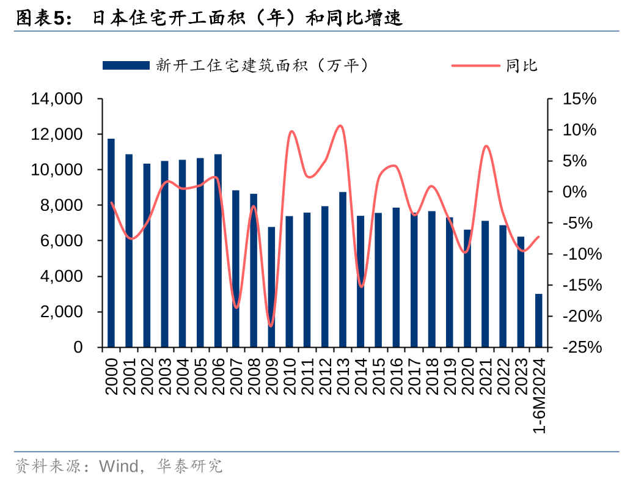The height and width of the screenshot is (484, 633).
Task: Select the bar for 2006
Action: point(218,251)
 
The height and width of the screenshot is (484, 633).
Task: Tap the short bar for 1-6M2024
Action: point(538,320)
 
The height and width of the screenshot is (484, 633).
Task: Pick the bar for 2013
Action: point(343,269)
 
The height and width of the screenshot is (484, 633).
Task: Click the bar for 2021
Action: point(485,284)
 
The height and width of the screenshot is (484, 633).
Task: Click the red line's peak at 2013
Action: point(340,126)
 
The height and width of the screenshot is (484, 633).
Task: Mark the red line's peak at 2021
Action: point(486,146)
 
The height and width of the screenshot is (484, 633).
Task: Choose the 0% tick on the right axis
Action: point(583,192)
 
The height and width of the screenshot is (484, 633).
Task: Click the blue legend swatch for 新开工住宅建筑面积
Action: point(126,65)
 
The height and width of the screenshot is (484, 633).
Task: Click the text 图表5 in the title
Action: point(39,20)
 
